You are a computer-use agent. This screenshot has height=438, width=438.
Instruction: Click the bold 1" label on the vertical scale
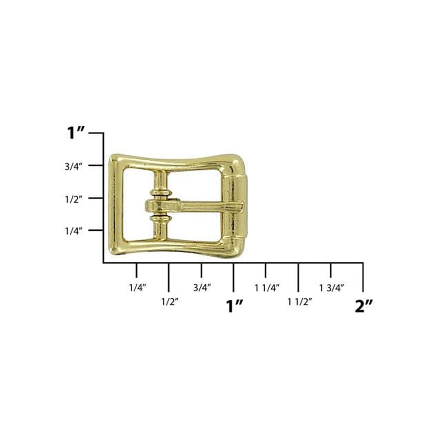tap(76, 133)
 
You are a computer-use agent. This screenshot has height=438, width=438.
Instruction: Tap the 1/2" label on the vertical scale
tap(74, 199)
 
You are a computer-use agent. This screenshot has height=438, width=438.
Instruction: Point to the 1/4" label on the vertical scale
tap(74, 231)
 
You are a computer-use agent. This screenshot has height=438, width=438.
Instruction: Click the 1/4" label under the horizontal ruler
tap(137, 288)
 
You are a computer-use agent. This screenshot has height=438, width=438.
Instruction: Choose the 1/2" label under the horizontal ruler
tap(170, 302)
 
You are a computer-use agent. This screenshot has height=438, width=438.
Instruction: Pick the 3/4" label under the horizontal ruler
tap(202, 288)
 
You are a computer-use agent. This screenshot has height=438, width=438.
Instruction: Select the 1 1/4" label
tap(267, 288)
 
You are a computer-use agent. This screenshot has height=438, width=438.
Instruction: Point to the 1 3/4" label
tap(332, 288)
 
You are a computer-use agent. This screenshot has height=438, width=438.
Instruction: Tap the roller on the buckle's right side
tap(240, 206)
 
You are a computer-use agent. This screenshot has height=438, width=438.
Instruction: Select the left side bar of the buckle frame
tap(116, 206)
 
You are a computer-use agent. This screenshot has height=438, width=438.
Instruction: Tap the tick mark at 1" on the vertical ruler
tap(96, 133)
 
